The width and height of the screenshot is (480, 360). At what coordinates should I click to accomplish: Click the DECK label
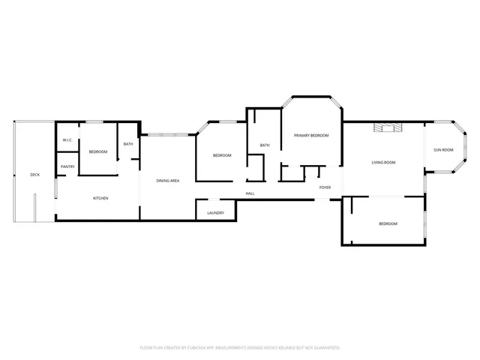[34, 175]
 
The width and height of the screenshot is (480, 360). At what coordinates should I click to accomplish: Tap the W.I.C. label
[67, 140]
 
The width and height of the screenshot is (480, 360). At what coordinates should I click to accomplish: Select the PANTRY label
[67, 166]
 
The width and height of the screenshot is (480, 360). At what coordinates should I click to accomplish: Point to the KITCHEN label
[100, 198]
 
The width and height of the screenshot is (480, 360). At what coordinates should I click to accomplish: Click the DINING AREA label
[167, 181]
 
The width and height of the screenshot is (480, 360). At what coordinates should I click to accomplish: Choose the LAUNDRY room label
[215, 213]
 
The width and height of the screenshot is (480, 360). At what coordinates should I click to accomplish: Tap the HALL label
[250, 193]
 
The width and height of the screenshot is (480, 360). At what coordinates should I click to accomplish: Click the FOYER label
[325, 187]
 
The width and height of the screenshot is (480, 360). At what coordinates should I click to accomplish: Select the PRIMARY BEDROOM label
[311, 135]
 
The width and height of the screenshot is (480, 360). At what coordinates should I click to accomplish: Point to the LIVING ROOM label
[383, 163]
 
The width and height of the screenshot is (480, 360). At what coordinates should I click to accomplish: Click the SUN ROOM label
[443, 150]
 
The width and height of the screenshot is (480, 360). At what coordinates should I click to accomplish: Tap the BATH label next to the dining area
[128, 144]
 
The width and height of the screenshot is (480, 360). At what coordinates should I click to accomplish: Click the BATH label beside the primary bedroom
[265, 145]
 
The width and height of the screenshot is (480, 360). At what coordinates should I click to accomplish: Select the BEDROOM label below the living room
[388, 224]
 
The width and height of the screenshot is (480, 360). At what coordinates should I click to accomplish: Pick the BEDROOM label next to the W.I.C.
[98, 152]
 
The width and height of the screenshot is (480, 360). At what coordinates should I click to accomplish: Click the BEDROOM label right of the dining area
[222, 155]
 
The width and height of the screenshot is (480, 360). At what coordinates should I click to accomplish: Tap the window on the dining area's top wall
[167, 134]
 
